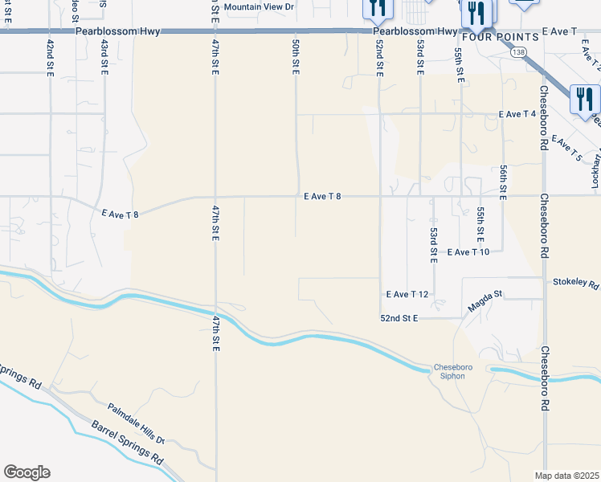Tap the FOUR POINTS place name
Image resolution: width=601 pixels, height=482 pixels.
499,37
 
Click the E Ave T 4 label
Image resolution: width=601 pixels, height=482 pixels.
517,115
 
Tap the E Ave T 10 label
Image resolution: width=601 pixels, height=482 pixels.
468,252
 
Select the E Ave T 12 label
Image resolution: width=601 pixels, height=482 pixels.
407,295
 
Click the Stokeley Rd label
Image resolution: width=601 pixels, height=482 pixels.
576,284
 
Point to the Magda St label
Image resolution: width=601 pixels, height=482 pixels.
484,302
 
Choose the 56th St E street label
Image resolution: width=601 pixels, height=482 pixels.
503,182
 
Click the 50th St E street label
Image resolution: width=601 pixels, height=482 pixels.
296,57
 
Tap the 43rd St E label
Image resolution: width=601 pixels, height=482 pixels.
104,57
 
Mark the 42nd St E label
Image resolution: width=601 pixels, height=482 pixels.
50,57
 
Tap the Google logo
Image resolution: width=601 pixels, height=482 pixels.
27,472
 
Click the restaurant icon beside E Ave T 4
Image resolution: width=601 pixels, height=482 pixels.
585,100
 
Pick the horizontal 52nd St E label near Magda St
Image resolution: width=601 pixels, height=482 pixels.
399,319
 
